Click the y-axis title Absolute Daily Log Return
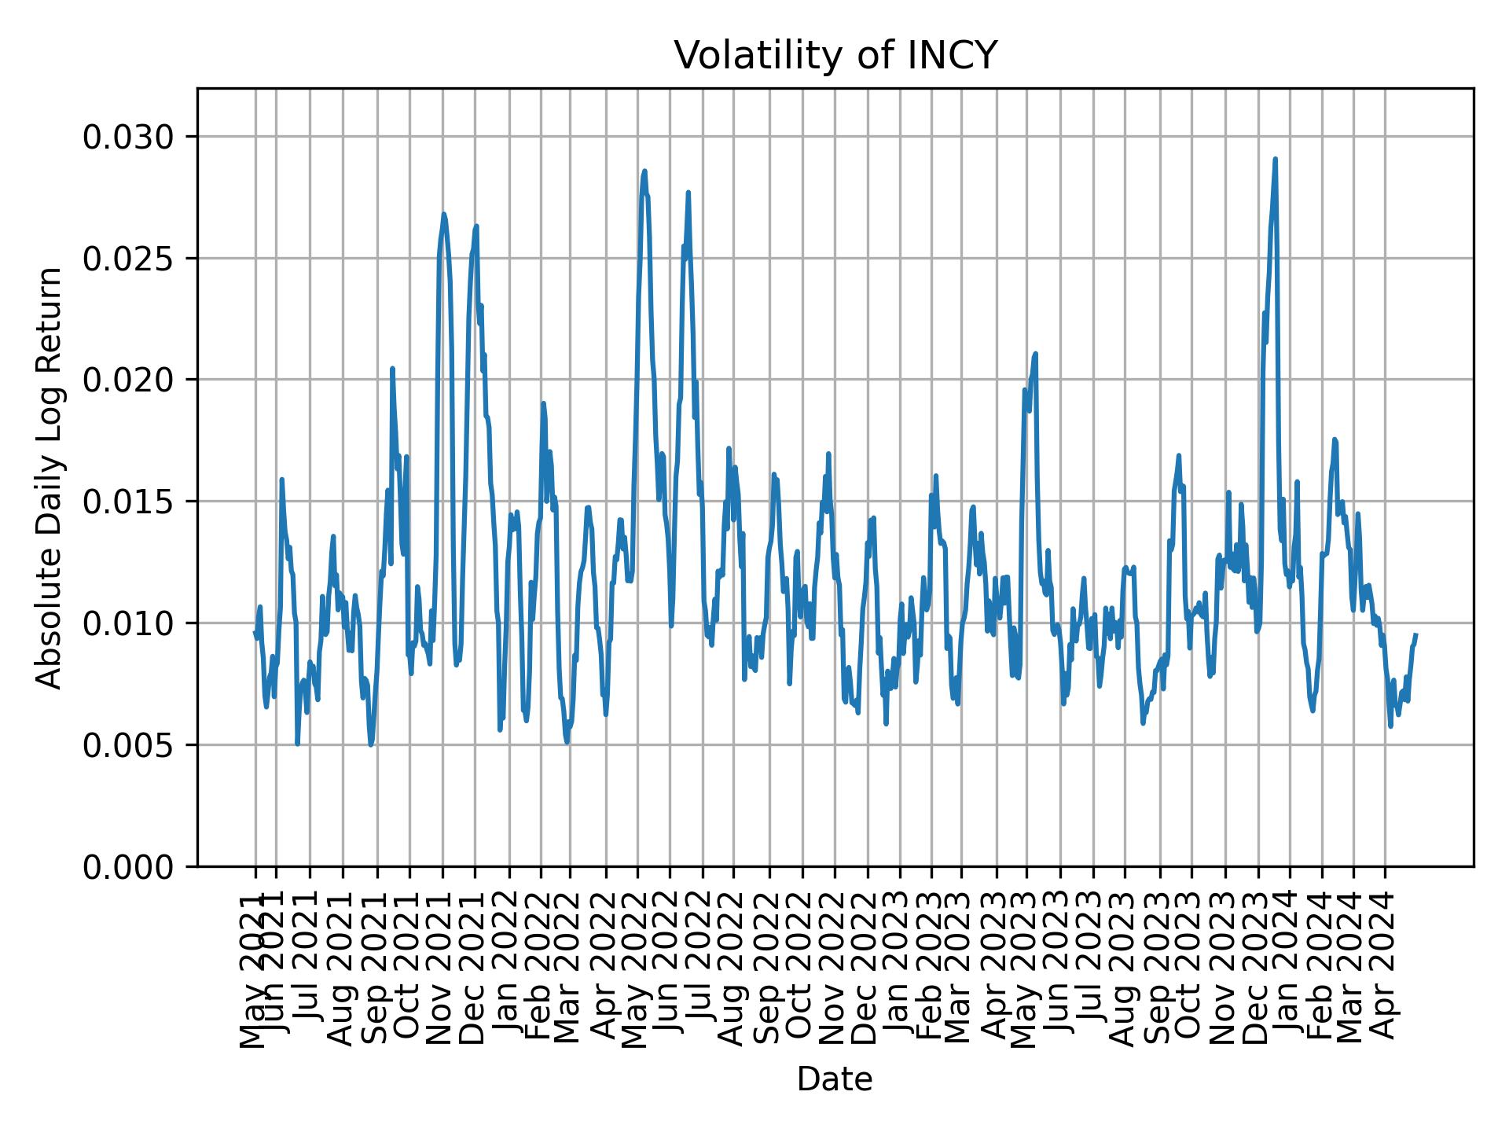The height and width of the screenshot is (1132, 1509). [x=50, y=477]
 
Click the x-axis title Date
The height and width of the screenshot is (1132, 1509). [x=835, y=1080]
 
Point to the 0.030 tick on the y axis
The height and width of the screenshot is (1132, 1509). [x=128, y=138]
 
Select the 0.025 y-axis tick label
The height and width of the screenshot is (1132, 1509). [x=128, y=259]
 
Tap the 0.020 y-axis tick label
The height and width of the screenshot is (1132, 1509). [x=128, y=380]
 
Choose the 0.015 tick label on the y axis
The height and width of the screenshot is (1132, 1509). [x=128, y=502]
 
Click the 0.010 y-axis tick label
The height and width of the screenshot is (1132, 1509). [x=128, y=623]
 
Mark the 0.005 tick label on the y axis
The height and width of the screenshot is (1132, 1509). [x=128, y=744]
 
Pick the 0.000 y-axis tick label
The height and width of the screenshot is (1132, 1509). [x=128, y=866]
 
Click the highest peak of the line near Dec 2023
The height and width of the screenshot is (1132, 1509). [x=1275, y=159]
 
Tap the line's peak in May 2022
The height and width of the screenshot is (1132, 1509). [x=644, y=171]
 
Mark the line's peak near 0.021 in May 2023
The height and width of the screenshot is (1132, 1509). [x=1036, y=354]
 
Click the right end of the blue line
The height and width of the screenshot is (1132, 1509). [x=1415, y=634]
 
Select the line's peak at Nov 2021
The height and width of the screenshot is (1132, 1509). [x=443, y=214]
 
